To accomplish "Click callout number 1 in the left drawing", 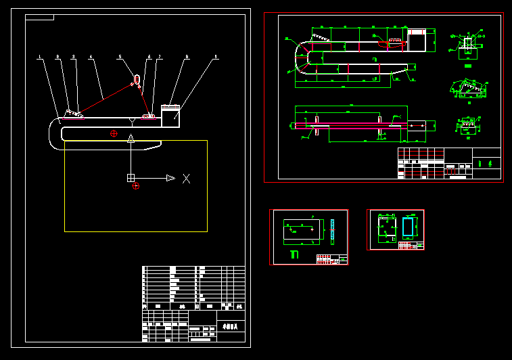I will (39, 57).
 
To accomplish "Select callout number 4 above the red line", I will (91, 57).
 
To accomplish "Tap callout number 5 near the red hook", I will (120, 57).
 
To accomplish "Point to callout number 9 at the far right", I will (216, 57).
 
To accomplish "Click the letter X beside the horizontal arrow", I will (186, 178).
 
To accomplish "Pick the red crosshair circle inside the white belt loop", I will (114, 133).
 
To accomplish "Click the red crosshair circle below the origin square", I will (136, 185).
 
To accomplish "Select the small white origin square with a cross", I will (131, 178).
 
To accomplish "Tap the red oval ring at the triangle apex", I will (137, 79).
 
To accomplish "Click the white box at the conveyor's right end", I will (170, 116).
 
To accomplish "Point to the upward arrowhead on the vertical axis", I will (131, 138).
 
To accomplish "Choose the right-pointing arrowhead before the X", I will (170, 178).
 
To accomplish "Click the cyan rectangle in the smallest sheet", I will (408, 227).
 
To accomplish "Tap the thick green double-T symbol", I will (294, 254).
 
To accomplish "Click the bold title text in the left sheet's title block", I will (231, 326).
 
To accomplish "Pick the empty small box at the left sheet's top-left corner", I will (39, 17).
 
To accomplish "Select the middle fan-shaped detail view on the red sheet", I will (469, 89).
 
